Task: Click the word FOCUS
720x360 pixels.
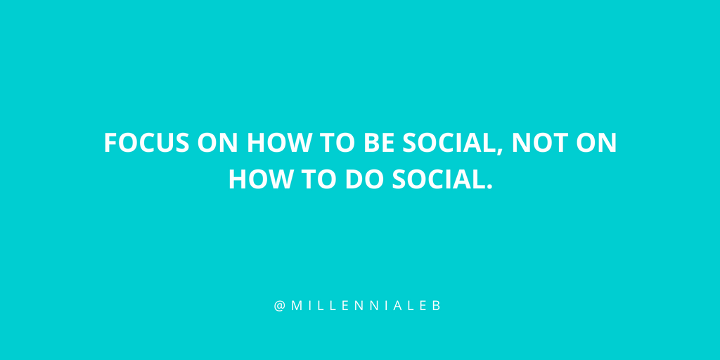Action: coord(146,143)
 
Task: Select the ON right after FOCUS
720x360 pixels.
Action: coord(217,143)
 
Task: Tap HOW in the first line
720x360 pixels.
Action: coord(275,143)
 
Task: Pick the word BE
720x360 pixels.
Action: coord(379,143)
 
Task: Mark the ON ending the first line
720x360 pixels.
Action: coord(596,143)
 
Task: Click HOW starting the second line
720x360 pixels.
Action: coord(257,179)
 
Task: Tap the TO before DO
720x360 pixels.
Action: coord(316,179)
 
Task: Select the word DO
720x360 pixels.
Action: coord(365,179)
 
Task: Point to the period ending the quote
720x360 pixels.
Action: coord(489,186)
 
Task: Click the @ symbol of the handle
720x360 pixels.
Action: coord(280,307)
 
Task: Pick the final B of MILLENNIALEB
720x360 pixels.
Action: coord(437,307)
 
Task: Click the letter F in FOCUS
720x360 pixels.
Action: coord(110,143)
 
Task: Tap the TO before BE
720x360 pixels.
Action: coord(334,143)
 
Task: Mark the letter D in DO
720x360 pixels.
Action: coord(355,179)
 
